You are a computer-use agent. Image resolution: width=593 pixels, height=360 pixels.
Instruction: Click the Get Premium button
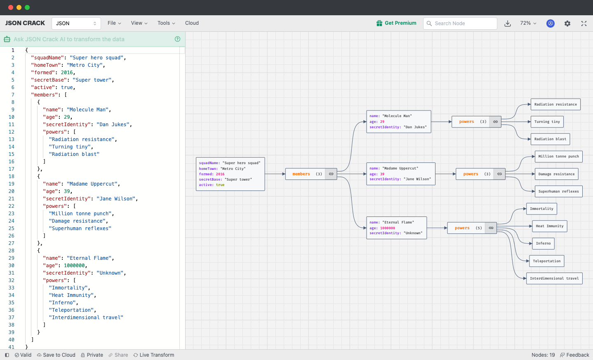coord(396,23)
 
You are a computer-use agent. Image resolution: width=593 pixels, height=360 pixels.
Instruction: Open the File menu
coord(114,23)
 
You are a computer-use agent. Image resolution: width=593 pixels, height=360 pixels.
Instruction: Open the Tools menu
coord(166,23)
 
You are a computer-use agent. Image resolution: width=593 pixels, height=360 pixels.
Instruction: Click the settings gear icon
coord(567,24)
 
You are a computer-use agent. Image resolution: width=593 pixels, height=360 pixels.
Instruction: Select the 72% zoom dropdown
coord(528,23)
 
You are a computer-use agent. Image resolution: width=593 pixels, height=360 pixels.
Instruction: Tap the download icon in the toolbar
coord(508,24)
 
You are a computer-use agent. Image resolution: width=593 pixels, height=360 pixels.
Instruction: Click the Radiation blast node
coord(550,139)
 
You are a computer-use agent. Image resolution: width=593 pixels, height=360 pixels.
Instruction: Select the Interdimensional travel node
coord(554,278)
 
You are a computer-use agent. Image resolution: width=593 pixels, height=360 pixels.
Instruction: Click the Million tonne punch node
coord(558,156)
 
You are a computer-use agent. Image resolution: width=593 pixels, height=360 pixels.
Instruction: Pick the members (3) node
coord(305,174)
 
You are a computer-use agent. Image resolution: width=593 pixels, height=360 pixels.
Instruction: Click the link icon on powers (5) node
coord(491,228)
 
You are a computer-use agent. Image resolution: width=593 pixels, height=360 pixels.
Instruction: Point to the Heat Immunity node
coord(549,226)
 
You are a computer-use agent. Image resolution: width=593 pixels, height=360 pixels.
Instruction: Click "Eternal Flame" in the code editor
coord(90,258)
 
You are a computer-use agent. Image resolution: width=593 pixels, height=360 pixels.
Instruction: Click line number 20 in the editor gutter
coord(12,191)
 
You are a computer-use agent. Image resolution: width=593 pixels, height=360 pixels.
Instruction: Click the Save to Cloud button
coord(56,355)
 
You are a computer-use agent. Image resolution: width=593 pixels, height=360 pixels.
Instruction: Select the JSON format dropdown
coord(76,24)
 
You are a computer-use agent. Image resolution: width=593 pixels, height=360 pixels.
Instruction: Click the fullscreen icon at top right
coord(584,24)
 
